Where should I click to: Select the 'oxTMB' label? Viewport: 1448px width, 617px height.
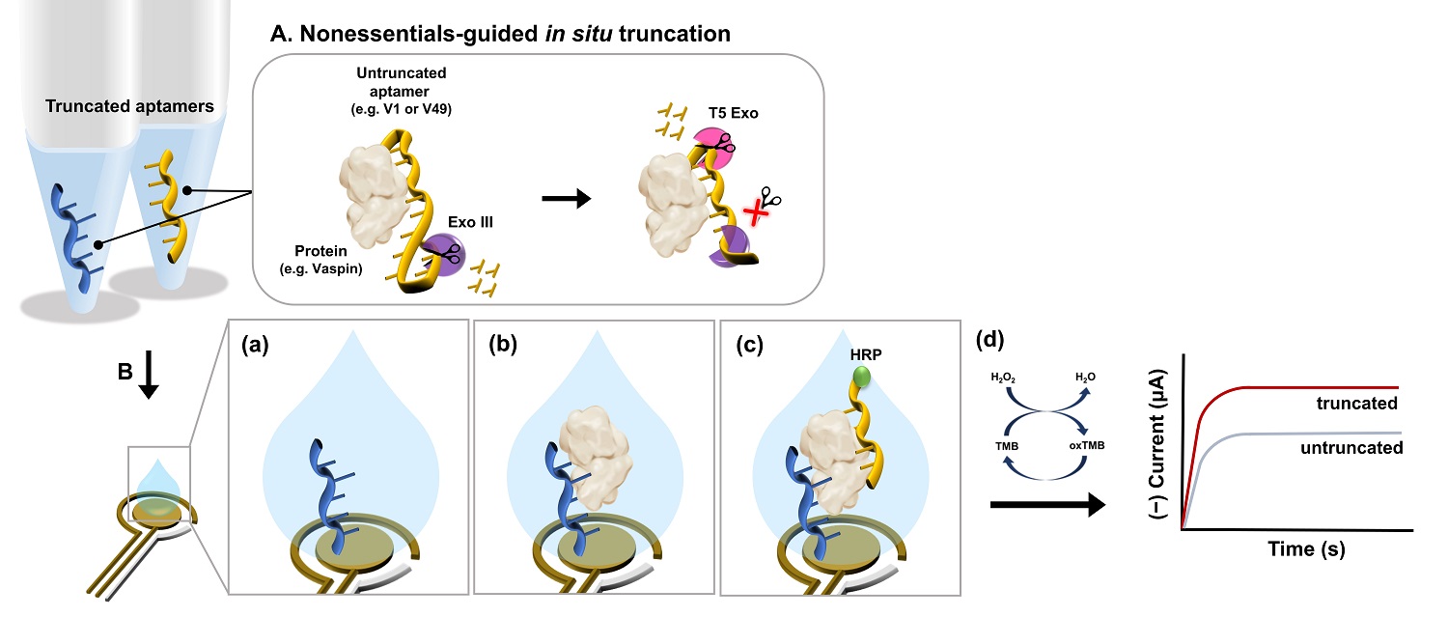point(1087,446)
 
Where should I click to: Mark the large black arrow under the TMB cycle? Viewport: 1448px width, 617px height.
point(1046,504)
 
